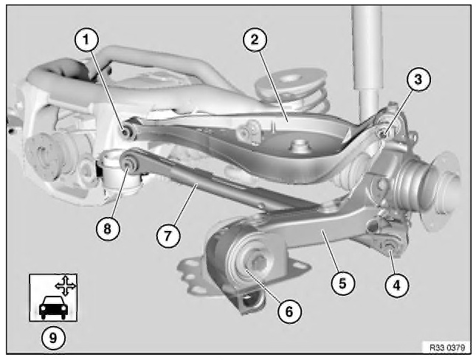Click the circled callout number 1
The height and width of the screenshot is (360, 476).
87,40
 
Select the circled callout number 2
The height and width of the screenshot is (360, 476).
255,40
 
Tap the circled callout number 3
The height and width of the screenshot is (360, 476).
418,80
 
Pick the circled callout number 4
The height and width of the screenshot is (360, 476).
397,285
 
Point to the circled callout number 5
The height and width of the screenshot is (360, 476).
342,283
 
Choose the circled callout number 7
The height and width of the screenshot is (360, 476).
168,235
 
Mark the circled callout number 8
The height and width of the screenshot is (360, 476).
108,229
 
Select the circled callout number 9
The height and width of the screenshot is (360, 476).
53,338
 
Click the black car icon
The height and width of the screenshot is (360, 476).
53,307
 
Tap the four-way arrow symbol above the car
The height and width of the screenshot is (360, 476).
66,285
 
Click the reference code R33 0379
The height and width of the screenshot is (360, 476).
447,347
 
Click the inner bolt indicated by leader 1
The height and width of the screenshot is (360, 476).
125,131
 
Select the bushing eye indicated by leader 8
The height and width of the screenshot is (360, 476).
128,164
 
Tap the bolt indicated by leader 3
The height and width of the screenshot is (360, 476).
382,133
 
